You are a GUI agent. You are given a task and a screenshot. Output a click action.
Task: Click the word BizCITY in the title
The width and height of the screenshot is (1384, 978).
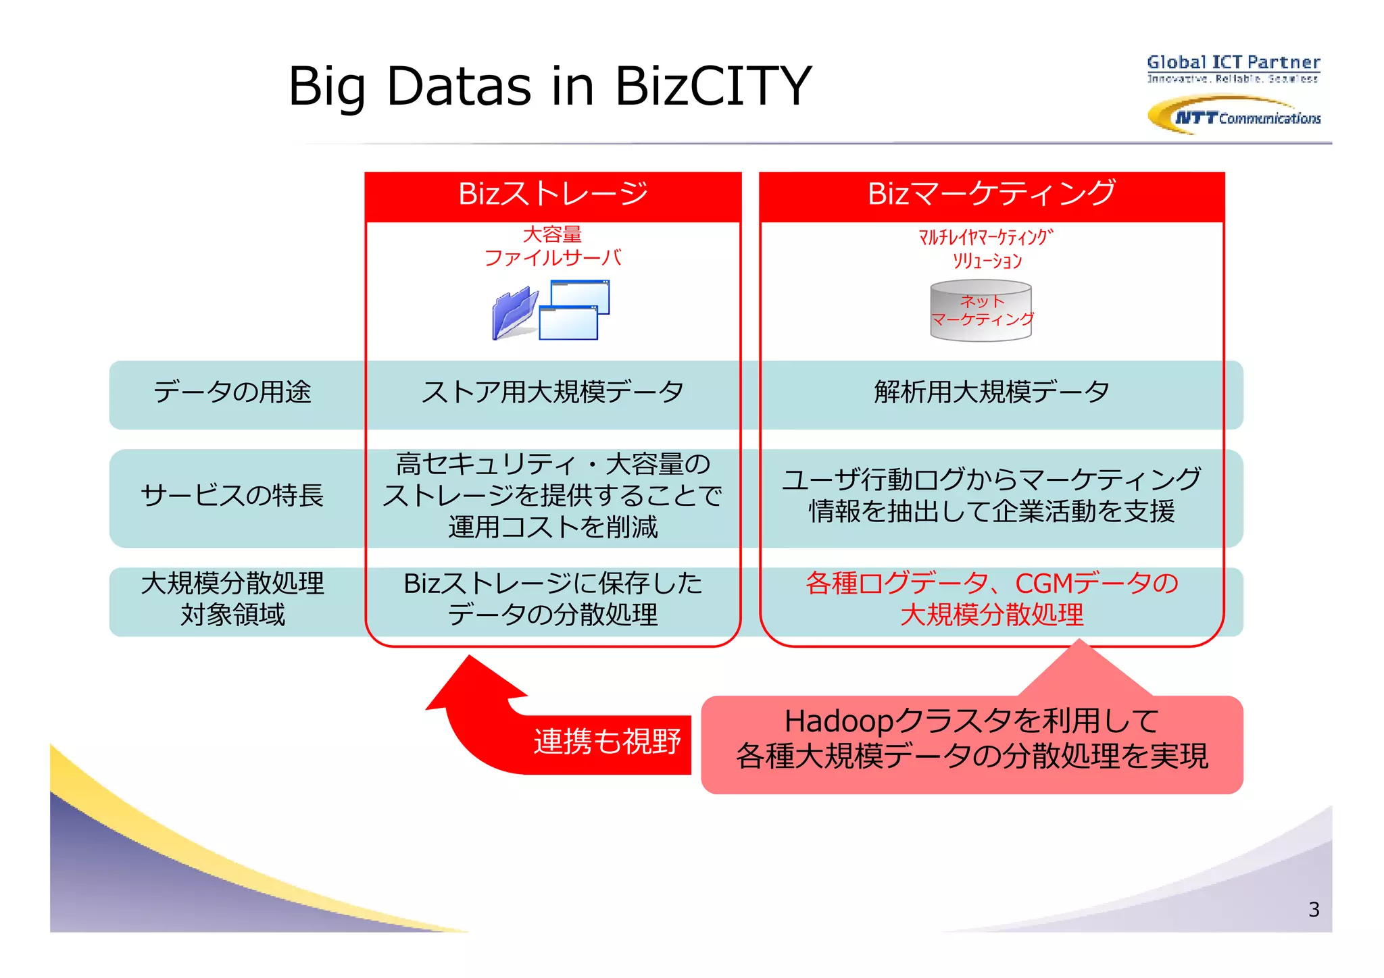pyautogui.click(x=713, y=86)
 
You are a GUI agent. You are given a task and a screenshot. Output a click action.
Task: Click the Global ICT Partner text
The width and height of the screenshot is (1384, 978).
pyautogui.click(x=1233, y=62)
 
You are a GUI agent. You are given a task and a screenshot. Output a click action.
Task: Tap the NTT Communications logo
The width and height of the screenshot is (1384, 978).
pyautogui.click(x=1234, y=116)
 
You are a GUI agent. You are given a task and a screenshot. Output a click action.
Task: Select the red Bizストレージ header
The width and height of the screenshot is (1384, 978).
pyautogui.click(x=553, y=195)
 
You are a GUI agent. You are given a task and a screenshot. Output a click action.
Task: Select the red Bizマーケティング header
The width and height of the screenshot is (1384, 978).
pyautogui.click(x=991, y=195)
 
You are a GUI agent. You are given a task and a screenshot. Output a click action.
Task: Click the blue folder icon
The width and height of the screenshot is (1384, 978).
pyautogui.click(x=514, y=313)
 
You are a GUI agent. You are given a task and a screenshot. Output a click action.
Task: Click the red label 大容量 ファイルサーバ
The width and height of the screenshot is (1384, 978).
pyautogui.click(x=552, y=247)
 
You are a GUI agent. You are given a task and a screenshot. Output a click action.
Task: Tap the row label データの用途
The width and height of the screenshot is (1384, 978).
pyautogui.click(x=232, y=392)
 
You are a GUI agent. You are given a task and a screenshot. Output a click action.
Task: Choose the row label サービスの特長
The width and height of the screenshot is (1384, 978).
pyautogui.click(x=232, y=496)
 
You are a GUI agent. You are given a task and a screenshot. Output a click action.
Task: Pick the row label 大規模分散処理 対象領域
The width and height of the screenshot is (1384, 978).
pyautogui.click(x=232, y=599)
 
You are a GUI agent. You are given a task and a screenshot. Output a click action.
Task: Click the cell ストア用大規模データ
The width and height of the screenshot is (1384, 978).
pyautogui.click(x=552, y=392)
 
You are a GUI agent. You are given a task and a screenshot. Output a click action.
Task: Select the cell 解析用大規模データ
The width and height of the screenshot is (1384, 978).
pyautogui.click(x=991, y=392)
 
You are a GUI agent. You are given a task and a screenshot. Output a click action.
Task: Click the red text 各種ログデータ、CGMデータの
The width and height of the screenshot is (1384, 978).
pyautogui.click(x=991, y=583)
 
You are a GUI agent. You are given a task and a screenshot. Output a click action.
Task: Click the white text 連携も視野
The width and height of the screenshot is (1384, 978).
pyautogui.click(x=606, y=742)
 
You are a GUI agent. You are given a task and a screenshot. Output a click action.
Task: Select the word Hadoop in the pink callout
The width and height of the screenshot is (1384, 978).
pyautogui.click(x=839, y=721)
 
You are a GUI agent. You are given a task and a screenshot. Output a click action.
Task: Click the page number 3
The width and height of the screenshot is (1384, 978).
pyautogui.click(x=1313, y=910)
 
